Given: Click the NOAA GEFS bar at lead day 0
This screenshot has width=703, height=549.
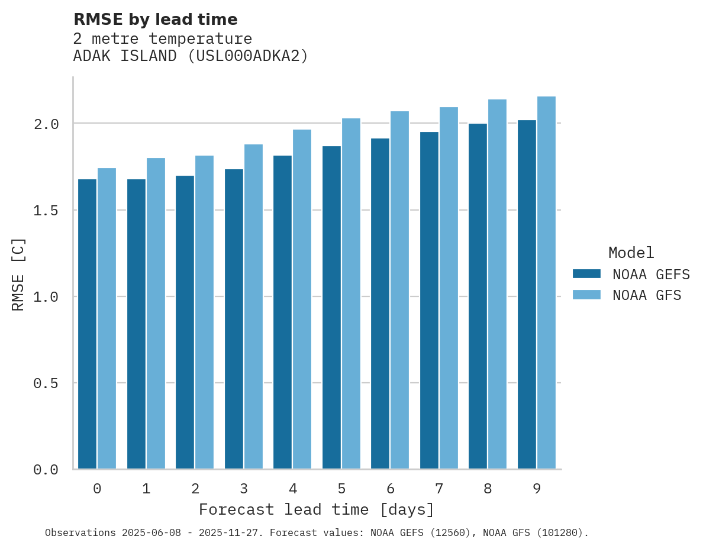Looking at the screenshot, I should coord(87,324).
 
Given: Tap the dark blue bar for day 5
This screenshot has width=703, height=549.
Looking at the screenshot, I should coord(331,308).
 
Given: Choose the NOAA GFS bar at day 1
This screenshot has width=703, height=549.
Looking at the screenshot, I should coord(156,314).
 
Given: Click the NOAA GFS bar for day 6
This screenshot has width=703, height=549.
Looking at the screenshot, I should coord(399,290).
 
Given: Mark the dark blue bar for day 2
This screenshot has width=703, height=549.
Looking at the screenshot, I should coord(185,322).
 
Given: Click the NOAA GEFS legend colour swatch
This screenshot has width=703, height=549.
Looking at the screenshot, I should coord(586,274).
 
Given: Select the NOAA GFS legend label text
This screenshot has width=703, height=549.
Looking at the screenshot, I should coord(647,295).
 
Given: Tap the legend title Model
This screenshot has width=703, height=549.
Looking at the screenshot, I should coord(631,253).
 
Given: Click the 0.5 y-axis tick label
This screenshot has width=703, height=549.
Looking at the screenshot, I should coord(46,383).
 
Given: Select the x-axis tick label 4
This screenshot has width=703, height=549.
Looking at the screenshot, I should coord(292,489).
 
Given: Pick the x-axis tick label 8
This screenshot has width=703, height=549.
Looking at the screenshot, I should coord(488,489).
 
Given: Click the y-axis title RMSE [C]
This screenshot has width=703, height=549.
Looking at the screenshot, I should coord(18,274).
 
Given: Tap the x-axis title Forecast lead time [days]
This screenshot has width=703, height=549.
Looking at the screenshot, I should coord(317,509).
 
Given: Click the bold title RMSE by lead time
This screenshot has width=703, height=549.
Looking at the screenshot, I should coord(155,20).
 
